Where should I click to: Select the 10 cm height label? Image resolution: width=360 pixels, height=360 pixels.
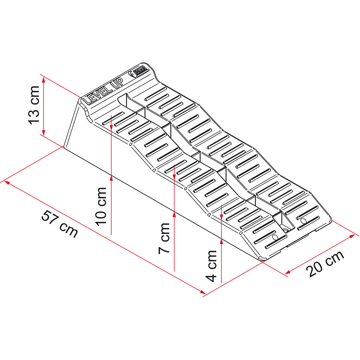(101, 207)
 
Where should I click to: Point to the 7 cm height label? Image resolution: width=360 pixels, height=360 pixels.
(164, 238)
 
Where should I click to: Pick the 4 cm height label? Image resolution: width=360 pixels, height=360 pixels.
(211, 266)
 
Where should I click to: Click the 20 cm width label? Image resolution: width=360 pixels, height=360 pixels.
(325, 264)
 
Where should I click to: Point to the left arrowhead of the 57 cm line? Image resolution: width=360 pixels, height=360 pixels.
(7, 182)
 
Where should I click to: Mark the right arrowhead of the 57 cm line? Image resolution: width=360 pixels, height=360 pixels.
(203, 292)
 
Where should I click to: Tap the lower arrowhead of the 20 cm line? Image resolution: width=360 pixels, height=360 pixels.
(287, 272)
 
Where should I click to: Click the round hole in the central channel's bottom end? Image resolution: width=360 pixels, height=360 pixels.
(286, 230)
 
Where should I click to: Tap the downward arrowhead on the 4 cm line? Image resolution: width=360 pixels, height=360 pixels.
(221, 217)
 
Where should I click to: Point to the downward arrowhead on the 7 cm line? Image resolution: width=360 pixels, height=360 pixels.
(174, 177)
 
